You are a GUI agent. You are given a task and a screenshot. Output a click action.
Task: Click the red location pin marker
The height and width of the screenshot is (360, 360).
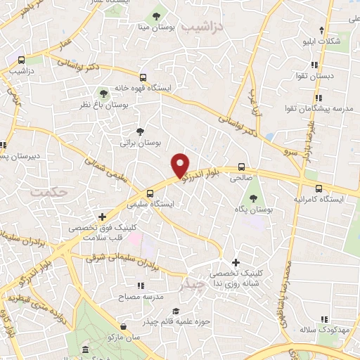pyautogui.click(x=181, y=165)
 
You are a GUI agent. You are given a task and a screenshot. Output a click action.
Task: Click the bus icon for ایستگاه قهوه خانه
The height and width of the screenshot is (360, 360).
pyautogui.click(x=143, y=77)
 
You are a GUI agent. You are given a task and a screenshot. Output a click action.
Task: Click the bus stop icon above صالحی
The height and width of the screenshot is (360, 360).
pyautogui.click(x=242, y=167)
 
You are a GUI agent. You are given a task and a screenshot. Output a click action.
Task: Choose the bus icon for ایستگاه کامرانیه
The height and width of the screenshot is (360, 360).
pyautogui.click(x=319, y=188)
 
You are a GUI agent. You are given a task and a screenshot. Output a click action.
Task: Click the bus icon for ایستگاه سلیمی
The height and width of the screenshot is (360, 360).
pyautogui.click(x=150, y=193)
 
